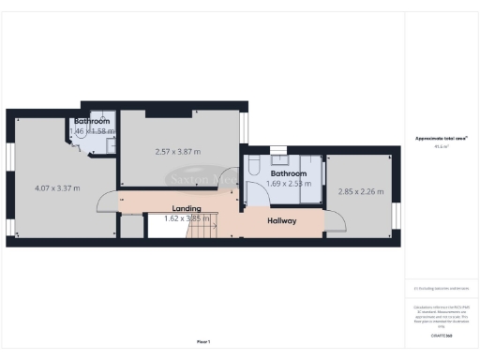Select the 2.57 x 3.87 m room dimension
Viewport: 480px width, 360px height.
(x=177, y=151)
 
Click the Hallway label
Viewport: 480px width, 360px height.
(x=282, y=221)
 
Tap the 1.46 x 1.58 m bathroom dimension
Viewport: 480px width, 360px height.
(x=92, y=132)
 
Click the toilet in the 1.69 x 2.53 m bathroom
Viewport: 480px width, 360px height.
(x=254, y=172)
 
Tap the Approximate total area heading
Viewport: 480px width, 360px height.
(x=442, y=138)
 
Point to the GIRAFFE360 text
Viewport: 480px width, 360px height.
(x=442, y=333)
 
